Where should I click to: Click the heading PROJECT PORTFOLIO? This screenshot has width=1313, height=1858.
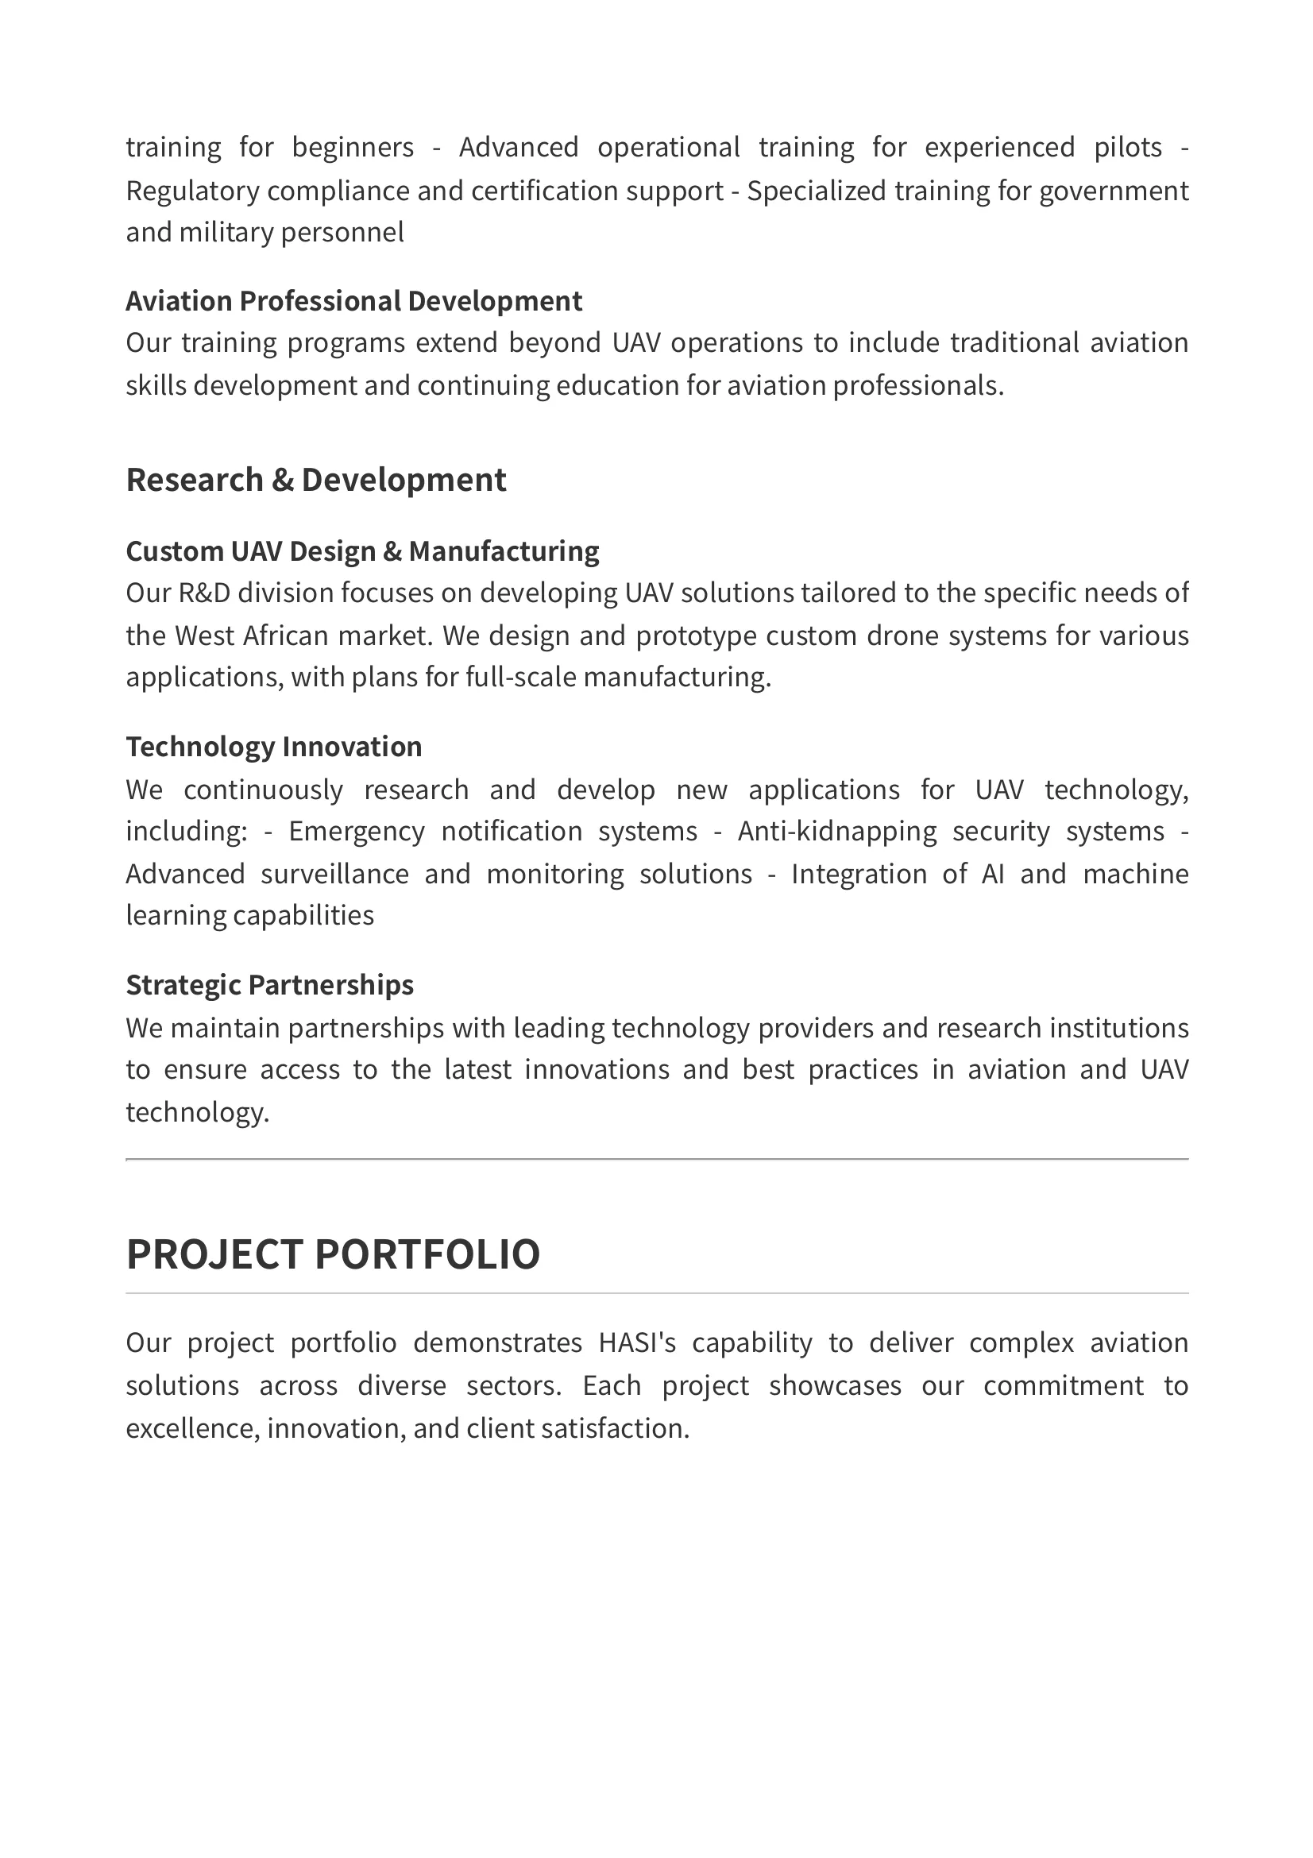[x=333, y=1254]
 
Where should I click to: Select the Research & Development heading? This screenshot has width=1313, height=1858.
[x=315, y=480]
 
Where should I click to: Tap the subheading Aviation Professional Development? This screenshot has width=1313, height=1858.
[x=353, y=301]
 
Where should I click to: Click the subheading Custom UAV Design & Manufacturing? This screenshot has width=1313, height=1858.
[x=361, y=551]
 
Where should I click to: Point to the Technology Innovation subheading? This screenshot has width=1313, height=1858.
[x=273, y=747]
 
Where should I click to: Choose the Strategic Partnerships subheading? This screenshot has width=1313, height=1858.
[x=269, y=985]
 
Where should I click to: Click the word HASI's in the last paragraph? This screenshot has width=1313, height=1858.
[x=637, y=1343]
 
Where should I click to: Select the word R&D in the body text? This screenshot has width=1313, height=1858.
[x=204, y=593]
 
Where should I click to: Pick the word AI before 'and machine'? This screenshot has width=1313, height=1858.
[x=993, y=874]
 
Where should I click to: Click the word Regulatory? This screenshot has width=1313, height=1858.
[x=192, y=191]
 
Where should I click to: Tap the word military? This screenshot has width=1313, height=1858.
[x=226, y=233]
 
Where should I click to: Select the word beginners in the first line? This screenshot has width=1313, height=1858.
[x=353, y=147]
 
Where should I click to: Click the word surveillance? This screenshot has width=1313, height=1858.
[x=334, y=874]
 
